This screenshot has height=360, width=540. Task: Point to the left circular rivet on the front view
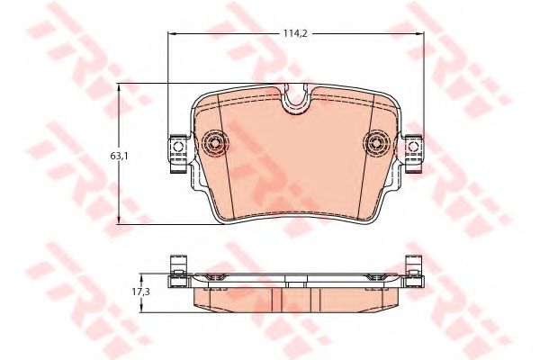[x=215, y=141]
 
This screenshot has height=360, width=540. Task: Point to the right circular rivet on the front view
[x=377, y=141]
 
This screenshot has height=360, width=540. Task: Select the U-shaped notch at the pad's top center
[x=295, y=101]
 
